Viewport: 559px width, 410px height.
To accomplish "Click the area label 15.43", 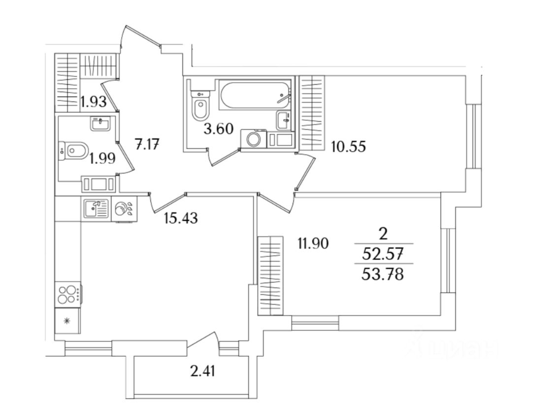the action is coord(181,218).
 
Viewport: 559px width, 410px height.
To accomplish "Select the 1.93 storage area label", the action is coord(94,102).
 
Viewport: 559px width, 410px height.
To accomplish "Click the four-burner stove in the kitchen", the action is coord(68,295).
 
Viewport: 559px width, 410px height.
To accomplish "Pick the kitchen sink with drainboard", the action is coord(96,208).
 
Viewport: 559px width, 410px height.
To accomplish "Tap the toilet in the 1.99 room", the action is coord(74,150).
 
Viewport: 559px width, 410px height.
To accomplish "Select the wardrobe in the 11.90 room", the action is coord(271,274).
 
